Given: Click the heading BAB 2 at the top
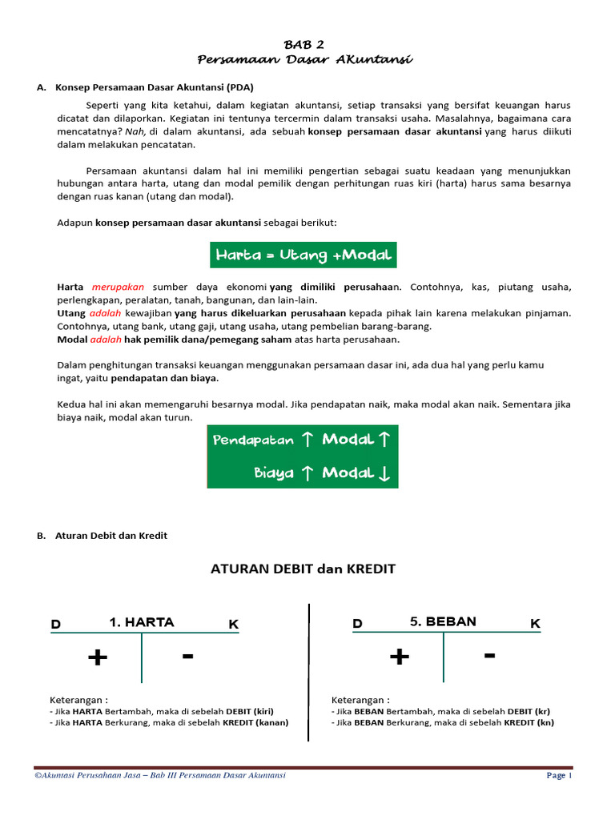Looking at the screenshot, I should click(x=304, y=45).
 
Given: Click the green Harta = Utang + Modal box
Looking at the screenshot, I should click(x=303, y=255).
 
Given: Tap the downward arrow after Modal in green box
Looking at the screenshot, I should click(x=384, y=473).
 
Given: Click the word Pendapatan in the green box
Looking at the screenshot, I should click(x=253, y=440).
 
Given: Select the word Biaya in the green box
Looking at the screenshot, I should click(x=274, y=473).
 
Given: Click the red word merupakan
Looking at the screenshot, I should click(x=117, y=287).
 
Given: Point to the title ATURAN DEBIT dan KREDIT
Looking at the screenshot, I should click(x=303, y=569).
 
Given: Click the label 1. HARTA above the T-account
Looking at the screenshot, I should click(x=141, y=622).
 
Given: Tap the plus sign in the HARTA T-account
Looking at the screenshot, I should click(x=98, y=658).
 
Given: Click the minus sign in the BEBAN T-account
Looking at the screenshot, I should click(x=489, y=656).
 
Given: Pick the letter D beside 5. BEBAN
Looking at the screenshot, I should click(x=358, y=624).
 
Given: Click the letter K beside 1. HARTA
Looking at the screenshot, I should click(x=233, y=624).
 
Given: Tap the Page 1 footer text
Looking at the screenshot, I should click(x=559, y=775).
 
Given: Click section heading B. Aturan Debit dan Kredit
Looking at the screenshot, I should click(x=102, y=536).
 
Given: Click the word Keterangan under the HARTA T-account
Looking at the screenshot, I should click(x=78, y=699).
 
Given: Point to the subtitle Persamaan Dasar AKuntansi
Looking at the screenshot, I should click(x=304, y=60).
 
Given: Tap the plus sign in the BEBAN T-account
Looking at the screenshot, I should click(x=399, y=658).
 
